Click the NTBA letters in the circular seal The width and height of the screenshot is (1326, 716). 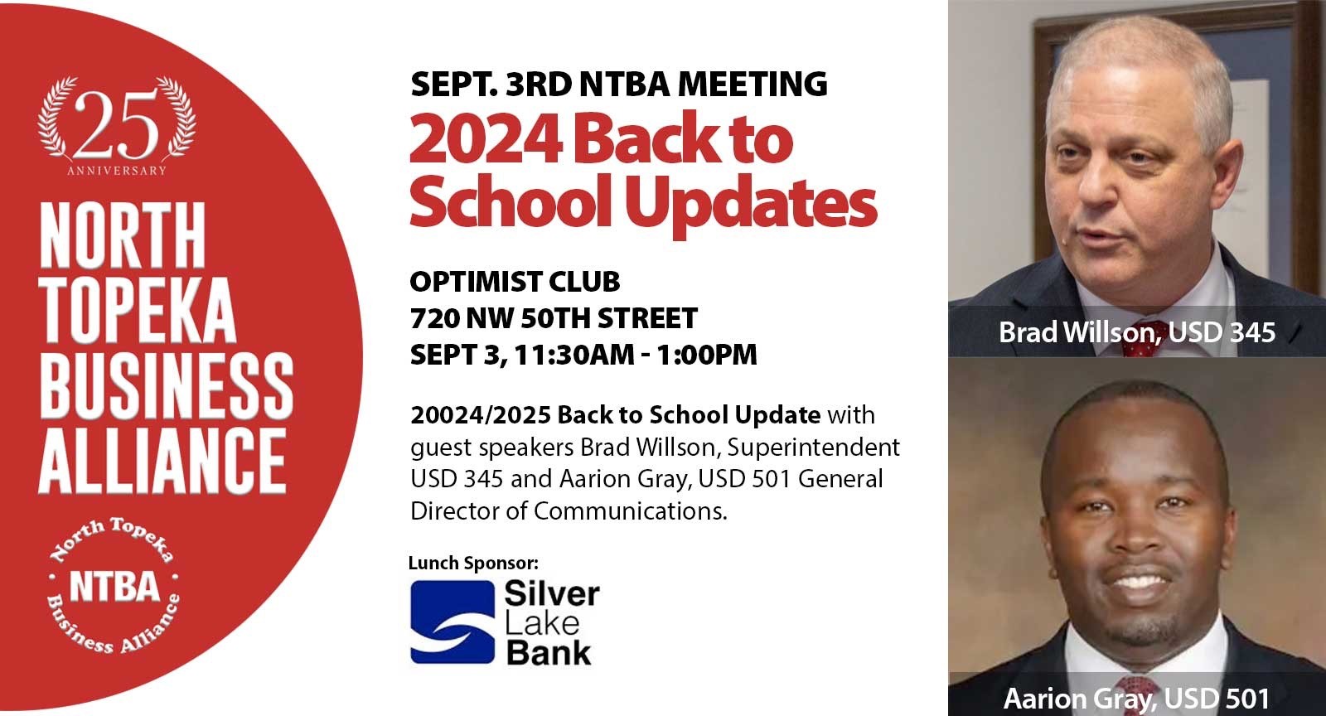tap(114, 587)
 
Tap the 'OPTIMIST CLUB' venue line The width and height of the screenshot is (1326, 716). tap(515, 282)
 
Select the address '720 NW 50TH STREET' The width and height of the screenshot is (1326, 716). tap(554, 318)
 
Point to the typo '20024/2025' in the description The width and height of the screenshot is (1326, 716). tap(480, 414)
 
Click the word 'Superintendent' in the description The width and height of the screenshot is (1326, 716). tap(813, 447)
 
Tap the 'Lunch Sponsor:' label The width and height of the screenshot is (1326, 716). tap(473, 564)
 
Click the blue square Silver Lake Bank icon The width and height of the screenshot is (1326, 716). tap(452, 622)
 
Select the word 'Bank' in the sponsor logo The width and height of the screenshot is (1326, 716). tap(548, 652)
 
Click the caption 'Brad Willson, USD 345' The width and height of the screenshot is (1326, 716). tap(1136, 332)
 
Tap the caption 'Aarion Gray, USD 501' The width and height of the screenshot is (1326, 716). tap(1136, 699)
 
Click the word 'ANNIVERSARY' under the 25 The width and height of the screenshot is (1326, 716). tap(116, 171)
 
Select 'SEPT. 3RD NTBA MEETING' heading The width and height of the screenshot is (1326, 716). tap(618, 84)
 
